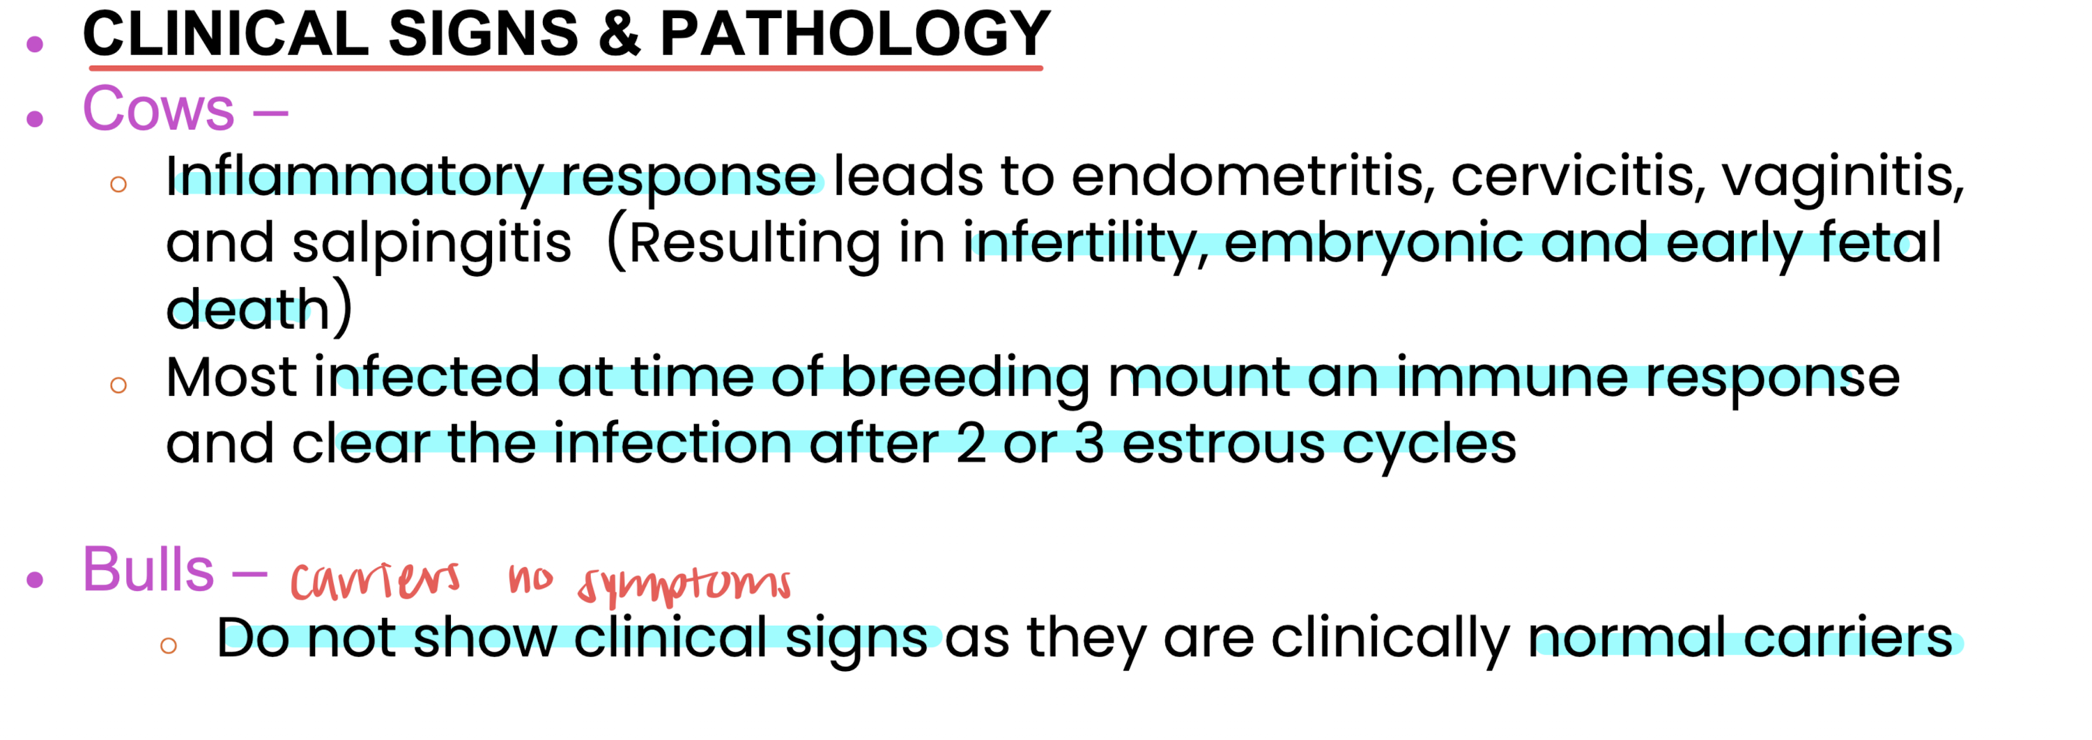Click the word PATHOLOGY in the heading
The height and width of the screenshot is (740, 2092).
pos(855,33)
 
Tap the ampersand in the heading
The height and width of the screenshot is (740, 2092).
pos(619,34)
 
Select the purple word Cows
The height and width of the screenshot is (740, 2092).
pos(158,108)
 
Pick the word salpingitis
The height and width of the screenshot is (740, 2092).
pos(431,243)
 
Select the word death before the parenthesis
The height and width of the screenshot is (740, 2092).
pos(247,309)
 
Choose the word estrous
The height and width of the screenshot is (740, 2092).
pos(1223,445)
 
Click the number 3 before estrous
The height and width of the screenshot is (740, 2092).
pos(1089,445)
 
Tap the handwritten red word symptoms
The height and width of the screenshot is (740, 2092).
pos(684,583)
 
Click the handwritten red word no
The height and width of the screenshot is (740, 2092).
pos(530,579)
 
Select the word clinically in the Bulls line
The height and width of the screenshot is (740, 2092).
pos(1390,638)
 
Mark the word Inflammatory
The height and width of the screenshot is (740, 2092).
pos(355,176)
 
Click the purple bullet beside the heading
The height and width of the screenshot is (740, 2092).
pos(35,44)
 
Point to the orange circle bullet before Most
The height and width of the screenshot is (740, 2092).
pos(118,385)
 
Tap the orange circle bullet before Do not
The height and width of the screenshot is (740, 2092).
pos(169,646)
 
